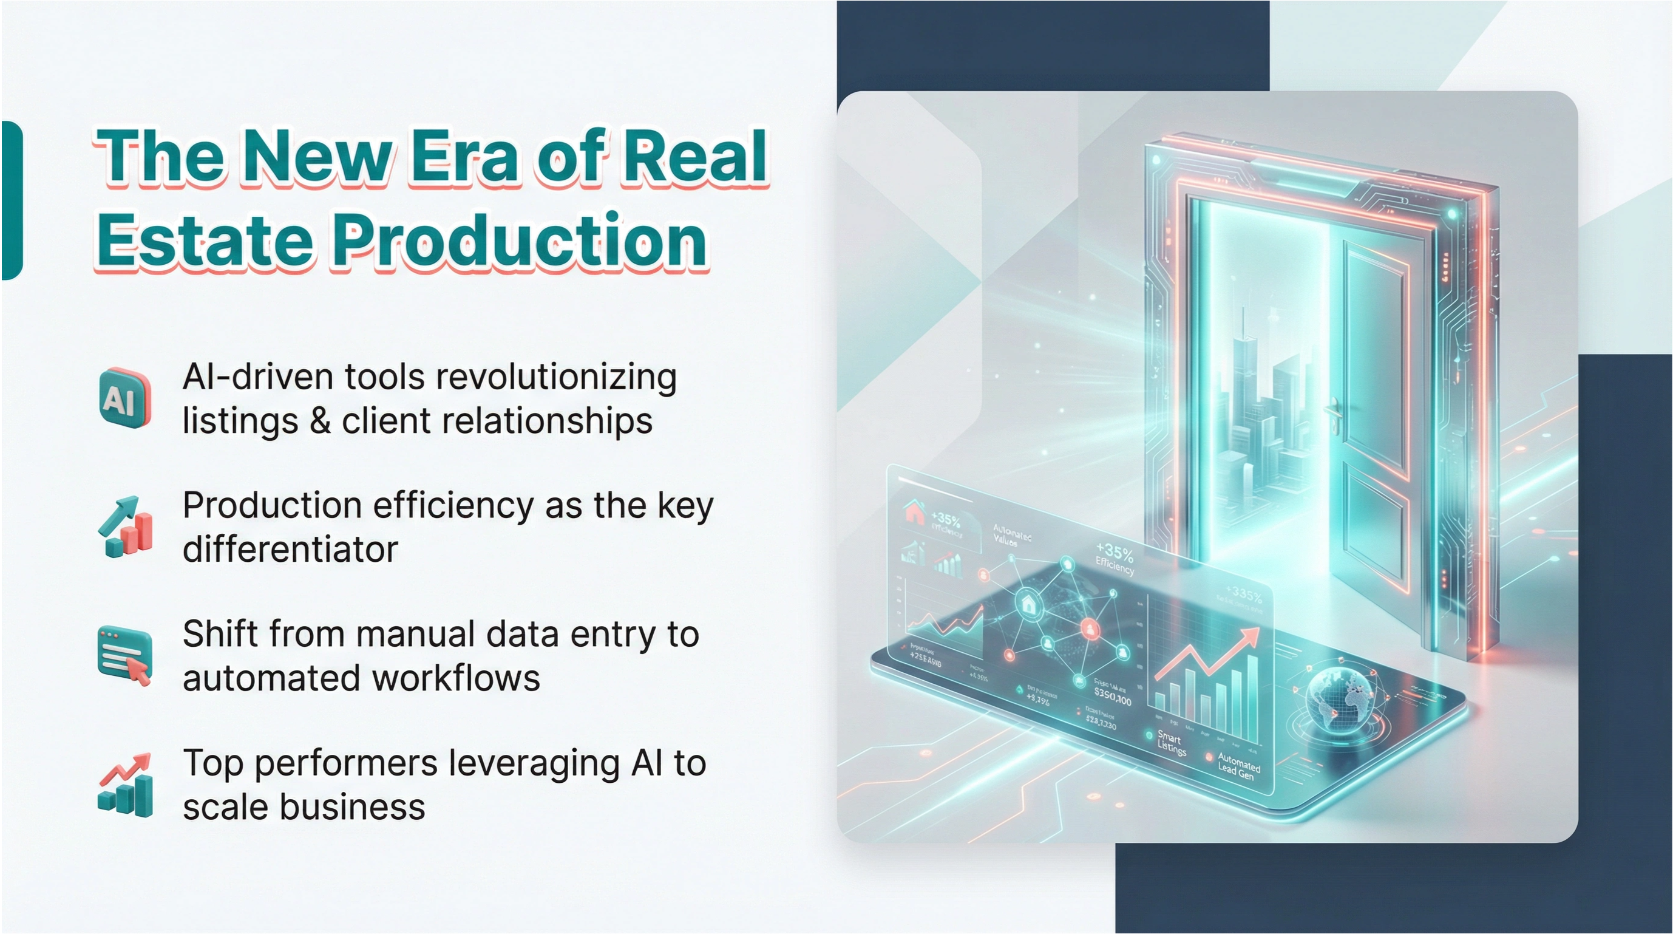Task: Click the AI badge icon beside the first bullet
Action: click(124, 398)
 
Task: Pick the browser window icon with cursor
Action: click(124, 656)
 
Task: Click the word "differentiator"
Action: click(290, 550)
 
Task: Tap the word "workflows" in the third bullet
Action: click(456, 678)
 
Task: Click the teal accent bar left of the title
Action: click(12, 200)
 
